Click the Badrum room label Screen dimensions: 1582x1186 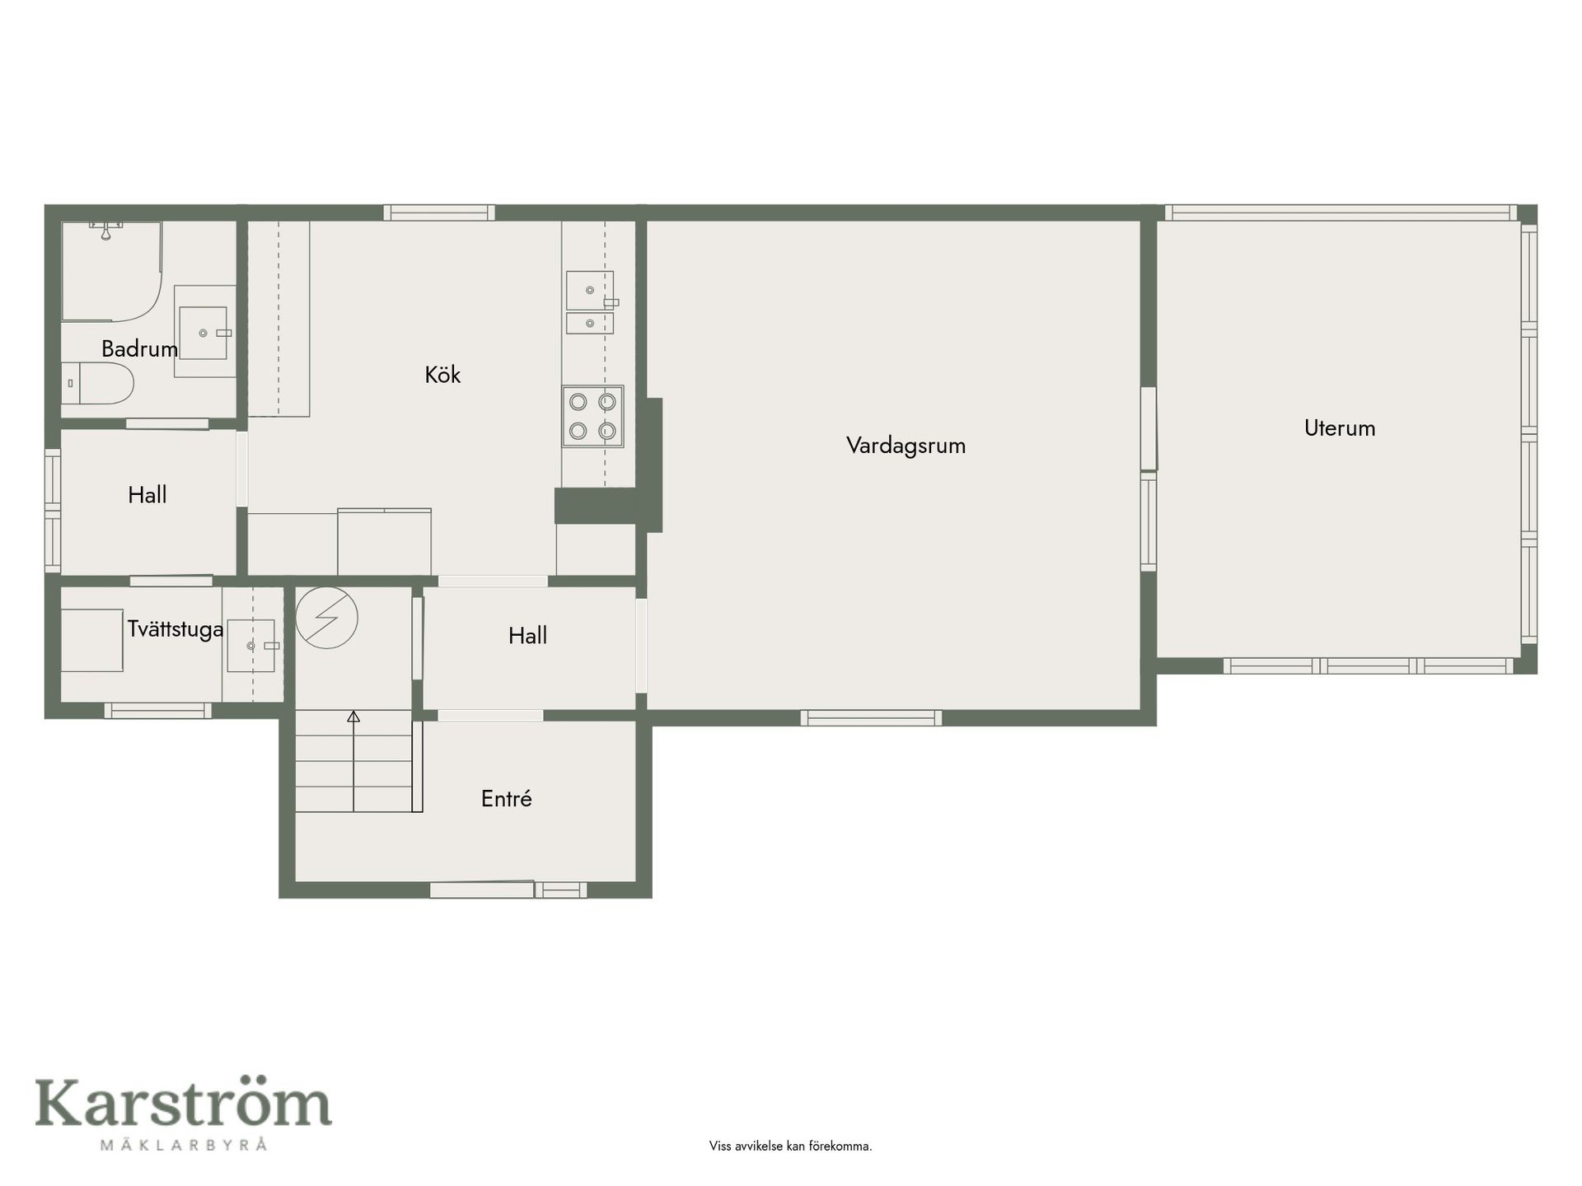[x=139, y=349]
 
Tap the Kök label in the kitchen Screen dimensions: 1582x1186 [x=442, y=375]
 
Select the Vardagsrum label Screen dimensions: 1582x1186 [x=906, y=446]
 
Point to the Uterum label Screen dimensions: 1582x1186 [x=1340, y=428]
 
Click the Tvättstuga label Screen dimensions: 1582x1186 [x=176, y=629]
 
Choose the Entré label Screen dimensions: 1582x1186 [x=507, y=798]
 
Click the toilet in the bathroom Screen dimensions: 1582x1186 [x=97, y=383]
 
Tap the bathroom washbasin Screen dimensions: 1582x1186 [x=204, y=333]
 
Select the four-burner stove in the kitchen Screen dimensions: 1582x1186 [x=592, y=416]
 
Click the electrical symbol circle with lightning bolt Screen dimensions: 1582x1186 [x=326, y=617]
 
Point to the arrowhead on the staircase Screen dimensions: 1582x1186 [x=353, y=717]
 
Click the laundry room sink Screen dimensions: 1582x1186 [x=251, y=646]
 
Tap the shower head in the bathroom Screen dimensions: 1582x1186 [x=105, y=230]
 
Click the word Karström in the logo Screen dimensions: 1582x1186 [x=183, y=1104]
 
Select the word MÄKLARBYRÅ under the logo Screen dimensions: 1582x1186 [x=183, y=1145]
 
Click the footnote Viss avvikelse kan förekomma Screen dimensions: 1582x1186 [x=790, y=1146]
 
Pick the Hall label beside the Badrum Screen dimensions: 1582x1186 [x=147, y=495]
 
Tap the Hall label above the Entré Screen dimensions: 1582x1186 [x=527, y=636]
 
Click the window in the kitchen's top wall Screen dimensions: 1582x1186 [x=439, y=212]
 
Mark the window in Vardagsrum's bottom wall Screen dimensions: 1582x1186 [x=871, y=717]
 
